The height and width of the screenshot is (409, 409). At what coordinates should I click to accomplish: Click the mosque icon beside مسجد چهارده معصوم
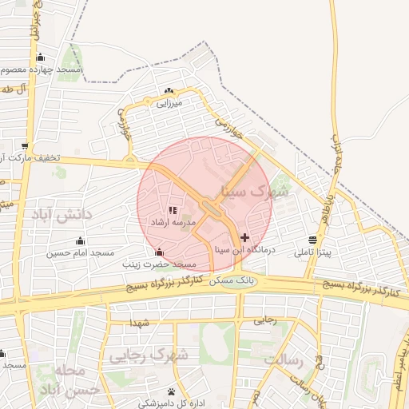pyautogui.click(x=40, y=58)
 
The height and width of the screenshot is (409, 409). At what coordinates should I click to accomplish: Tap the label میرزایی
pyautogui.click(x=169, y=102)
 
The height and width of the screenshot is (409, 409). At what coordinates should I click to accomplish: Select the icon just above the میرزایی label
pyautogui.click(x=169, y=90)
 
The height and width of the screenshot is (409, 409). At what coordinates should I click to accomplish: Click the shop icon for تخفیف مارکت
pyautogui.click(x=25, y=146)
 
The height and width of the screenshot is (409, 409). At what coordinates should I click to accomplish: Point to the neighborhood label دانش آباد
pyautogui.click(x=62, y=215)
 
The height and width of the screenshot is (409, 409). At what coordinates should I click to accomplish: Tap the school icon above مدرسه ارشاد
pyautogui.click(x=173, y=210)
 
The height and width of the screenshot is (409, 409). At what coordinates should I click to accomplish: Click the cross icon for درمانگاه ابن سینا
pyautogui.click(x=244, y=237)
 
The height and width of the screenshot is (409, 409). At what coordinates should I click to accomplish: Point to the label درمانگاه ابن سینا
pyautogui.click(x=240, y=250)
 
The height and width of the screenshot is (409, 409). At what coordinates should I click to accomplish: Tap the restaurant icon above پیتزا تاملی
pyautogui.click(x=311, y=240)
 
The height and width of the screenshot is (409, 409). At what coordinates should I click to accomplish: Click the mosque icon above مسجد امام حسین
pyautogui.click(x=80, y=240)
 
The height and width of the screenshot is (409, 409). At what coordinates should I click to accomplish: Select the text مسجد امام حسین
pyautogui.click(x=80, y=253)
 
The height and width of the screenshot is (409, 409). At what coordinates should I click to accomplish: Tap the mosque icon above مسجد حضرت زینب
pyautogui.click(x=158, y=252)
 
